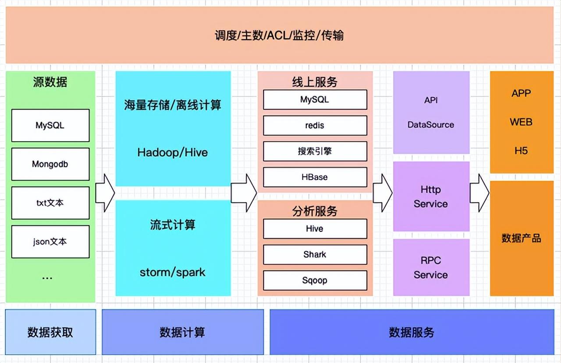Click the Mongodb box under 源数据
50,164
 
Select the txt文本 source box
50,203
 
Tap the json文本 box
50,242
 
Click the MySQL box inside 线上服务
315,100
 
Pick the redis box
315,125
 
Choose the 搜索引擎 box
315,151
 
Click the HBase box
315,177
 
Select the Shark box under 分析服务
315,254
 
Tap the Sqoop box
315,280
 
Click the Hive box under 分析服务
315,228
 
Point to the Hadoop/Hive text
173,153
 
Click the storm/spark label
173,272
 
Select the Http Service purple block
431,196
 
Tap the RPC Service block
431,267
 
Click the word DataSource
431,125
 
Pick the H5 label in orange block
521,151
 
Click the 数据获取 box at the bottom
50,332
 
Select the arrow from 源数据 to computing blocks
105,193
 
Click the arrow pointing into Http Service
383,193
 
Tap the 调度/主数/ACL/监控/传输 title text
279,36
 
